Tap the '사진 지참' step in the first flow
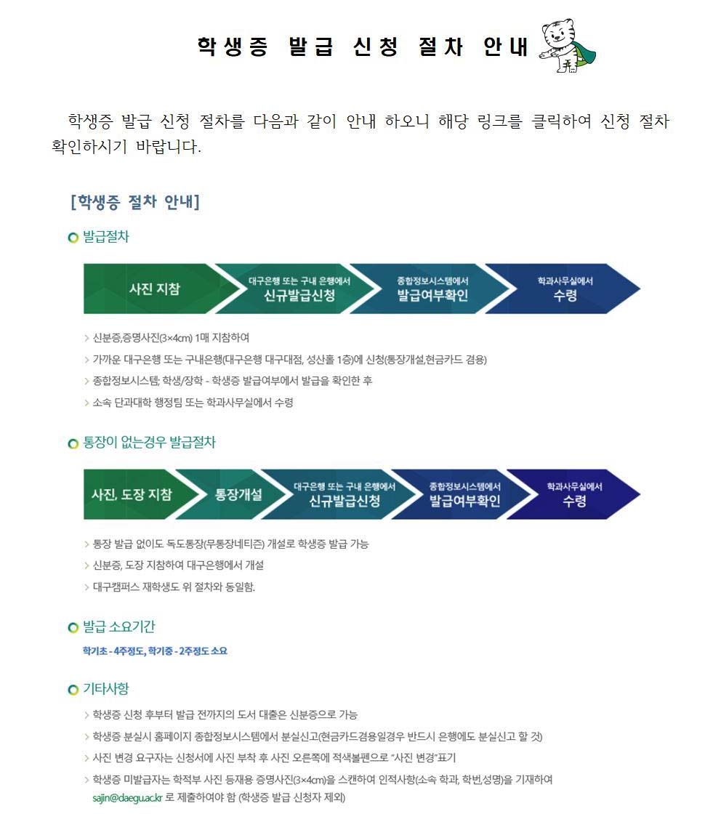[x=154, y=289]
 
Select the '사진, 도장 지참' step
[x=132, y=494]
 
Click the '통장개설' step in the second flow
[x=238, y=494]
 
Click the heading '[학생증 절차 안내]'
[x=134, y=202]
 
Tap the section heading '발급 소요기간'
[x=118, y=626]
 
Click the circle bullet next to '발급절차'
[x=73, y=238]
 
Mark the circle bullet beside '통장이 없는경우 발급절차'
[x=73, y=443]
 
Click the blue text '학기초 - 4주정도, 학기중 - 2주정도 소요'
[x=156, y=651]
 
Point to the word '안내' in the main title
[x=507, y=47]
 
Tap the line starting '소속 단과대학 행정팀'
[x=193, y=402]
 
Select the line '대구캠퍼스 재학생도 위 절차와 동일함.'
[x=174, y=587]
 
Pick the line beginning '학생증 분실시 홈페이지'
[x=317, y=736]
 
